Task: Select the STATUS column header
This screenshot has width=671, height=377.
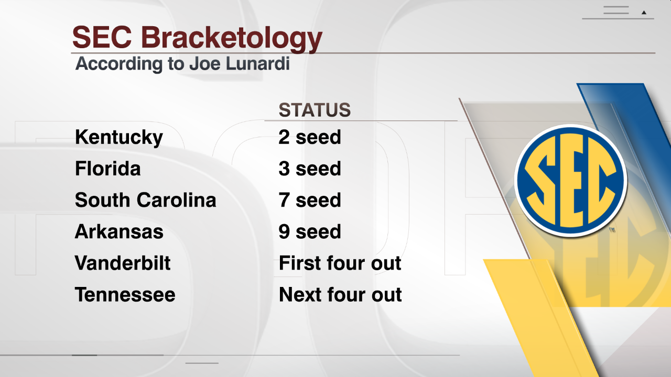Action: click(315, 110)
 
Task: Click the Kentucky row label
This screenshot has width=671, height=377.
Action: click(119, 138)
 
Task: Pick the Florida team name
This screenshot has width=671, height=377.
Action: click(108, 169)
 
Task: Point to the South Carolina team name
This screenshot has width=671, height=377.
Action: click(146, 200)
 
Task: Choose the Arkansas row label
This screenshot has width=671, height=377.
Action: click(119, 231)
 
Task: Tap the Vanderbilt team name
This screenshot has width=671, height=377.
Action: click(123, 263)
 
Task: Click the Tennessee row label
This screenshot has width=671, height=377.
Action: click(125, 295)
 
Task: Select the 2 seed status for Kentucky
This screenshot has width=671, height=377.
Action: click(310, 137)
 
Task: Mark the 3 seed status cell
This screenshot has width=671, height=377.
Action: click(310, 169)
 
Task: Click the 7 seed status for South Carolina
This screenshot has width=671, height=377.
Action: click(310, 200)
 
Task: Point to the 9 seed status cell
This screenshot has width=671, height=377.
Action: click(310, 231)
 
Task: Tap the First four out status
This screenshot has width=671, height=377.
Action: click(340, 263)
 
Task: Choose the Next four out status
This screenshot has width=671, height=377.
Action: click(340, 295)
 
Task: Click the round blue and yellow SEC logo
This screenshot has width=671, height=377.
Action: click(571, 181)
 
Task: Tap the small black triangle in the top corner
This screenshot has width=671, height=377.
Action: click(644, 13)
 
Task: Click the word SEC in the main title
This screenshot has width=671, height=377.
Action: click(102, 37)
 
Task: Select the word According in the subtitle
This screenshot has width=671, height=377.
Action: click(118, 64)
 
